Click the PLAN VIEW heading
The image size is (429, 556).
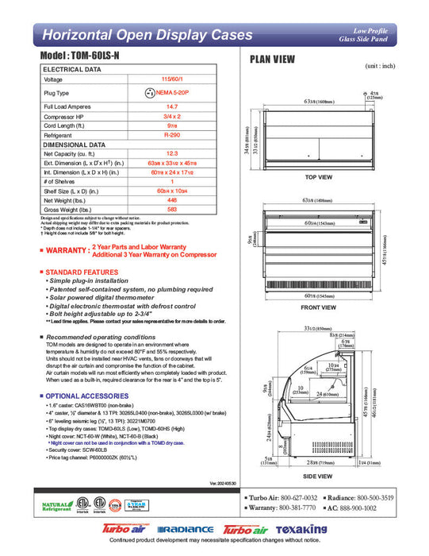(274, 59)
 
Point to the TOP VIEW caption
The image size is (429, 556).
(318, 176)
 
